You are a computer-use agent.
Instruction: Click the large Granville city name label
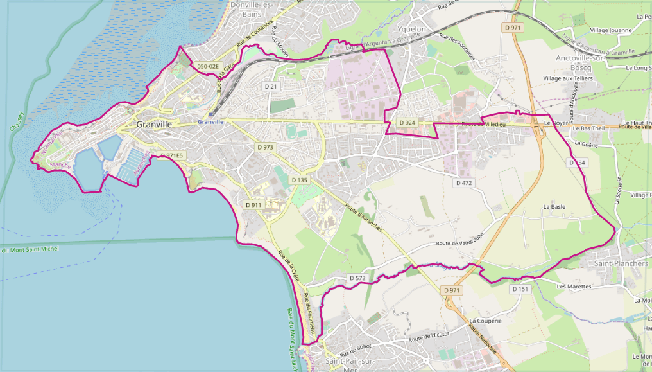point(154,124)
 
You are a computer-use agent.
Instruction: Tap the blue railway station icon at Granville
point(210,115)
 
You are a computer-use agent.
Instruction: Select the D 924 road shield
point(407,122)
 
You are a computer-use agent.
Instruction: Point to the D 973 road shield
point(265,147)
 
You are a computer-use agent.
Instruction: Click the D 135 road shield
point(299,180)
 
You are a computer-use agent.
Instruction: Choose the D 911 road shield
point(253,205)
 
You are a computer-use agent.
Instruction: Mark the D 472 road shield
point(464,183)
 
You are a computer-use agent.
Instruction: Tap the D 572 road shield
point(357,278)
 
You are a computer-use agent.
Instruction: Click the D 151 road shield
point(520,289)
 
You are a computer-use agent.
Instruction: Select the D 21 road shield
point(270,86)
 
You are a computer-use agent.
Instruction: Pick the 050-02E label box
point(208,66)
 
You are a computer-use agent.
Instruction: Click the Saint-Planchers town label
point(621,263)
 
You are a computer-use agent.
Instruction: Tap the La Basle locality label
point(554,207)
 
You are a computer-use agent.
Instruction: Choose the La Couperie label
point(484,320)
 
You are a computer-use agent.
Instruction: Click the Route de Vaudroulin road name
point(459,242)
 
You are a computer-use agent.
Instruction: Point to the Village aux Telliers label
point(568,78)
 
